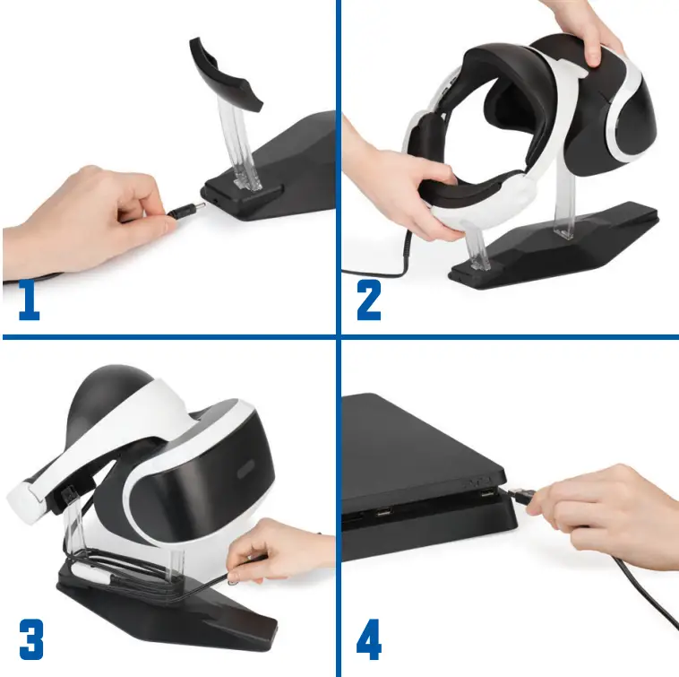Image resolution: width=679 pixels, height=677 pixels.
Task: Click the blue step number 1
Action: click(x=30, y=300)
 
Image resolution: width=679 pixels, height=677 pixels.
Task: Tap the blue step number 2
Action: click(x=368, y=300)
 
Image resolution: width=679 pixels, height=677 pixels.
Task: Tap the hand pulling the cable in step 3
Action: click(x=278, y=547)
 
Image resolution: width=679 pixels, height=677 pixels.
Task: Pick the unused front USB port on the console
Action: click(x=382, y=515)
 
